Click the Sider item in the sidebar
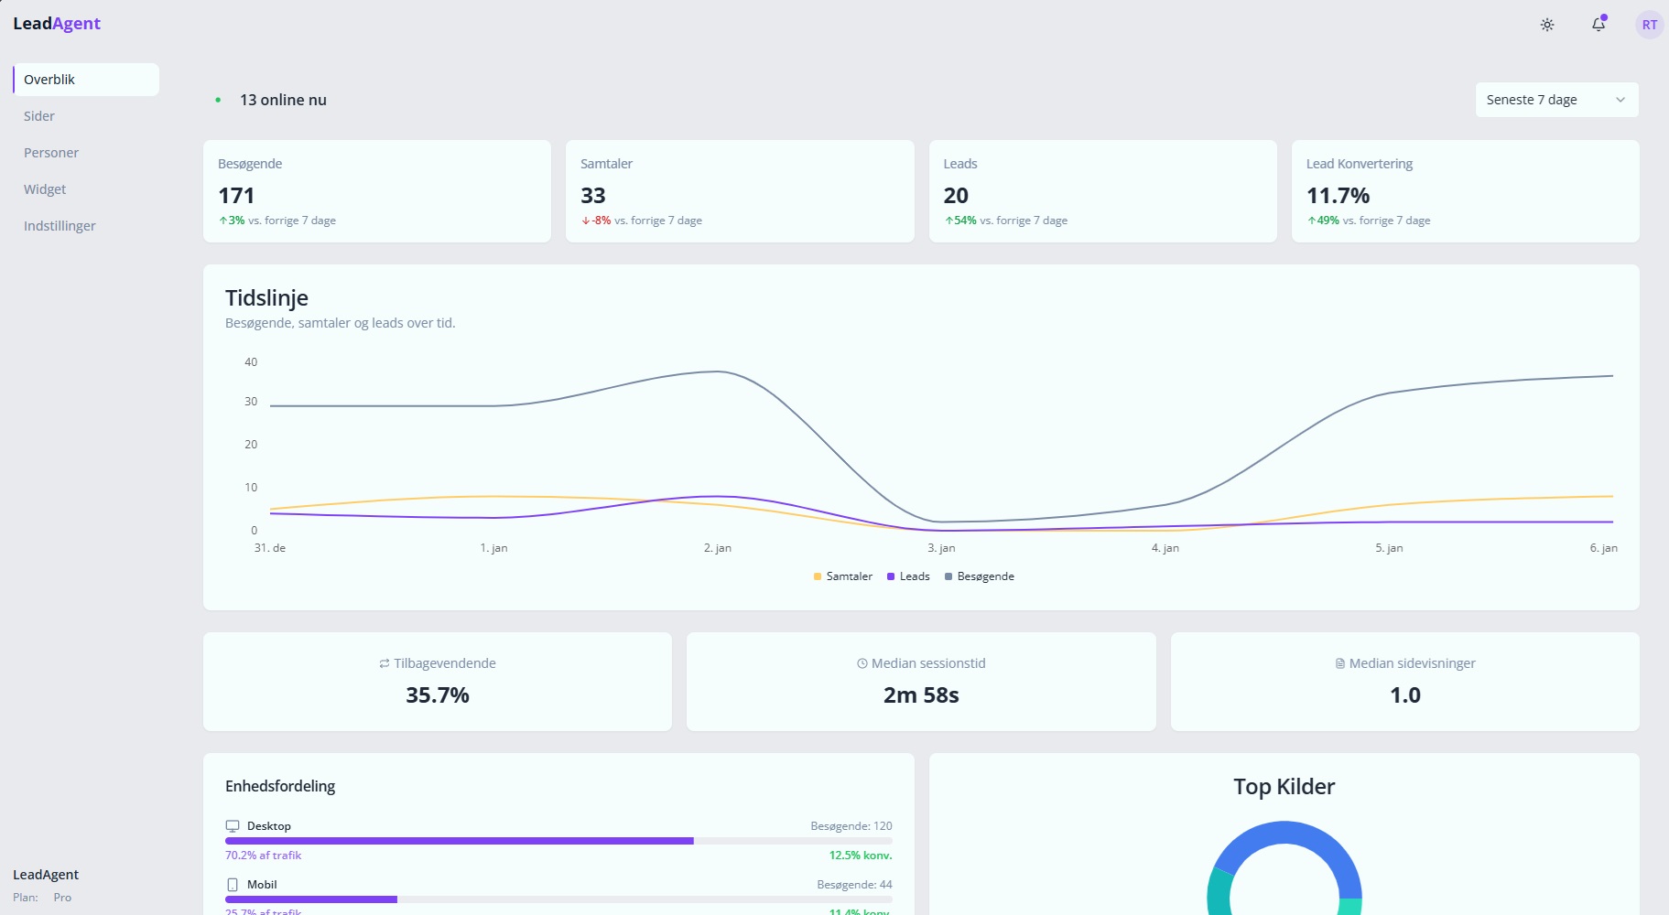click(x=39, y=116)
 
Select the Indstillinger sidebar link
click(x=60, y=226)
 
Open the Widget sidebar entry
click(x=45, y=189)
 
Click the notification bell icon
click(x=1599, y=25)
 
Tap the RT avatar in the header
click(x=1649, y=25)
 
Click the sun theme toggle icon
click(x=1547, y=25)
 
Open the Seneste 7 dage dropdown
click(x=1556, y=100)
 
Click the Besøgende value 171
click(x=236, y=196)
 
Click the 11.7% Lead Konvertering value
click(x=1338, y=196)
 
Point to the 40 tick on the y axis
click(x=251, y=362)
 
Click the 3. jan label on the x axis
click(x=941, y=548)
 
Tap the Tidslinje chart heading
click(x=266, y=298)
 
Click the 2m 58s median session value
click(x=921, y=695)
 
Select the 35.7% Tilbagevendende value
click(x=438, y=695)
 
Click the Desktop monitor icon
click(x=233, y=826)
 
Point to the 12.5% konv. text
click(x=860, y=856)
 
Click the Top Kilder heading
click(x=1284, y=787)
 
